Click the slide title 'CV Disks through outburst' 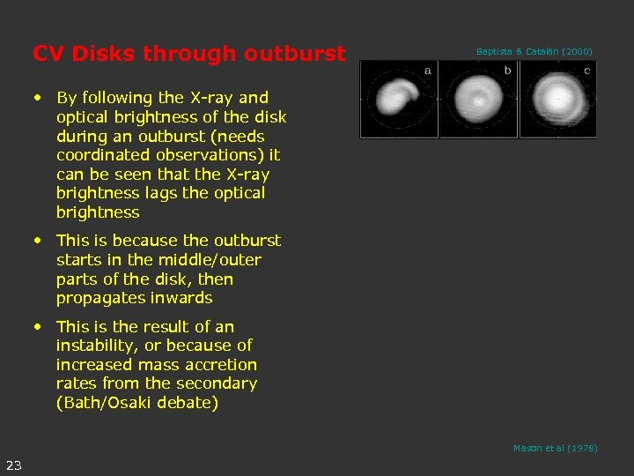(188, 54)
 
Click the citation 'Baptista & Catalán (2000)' (534, 52)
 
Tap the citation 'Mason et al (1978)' (555, 449)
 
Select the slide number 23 (14, 465)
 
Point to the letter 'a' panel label (428, 70)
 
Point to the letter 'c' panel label (586, 70)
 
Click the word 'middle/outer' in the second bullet (210, 260)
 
